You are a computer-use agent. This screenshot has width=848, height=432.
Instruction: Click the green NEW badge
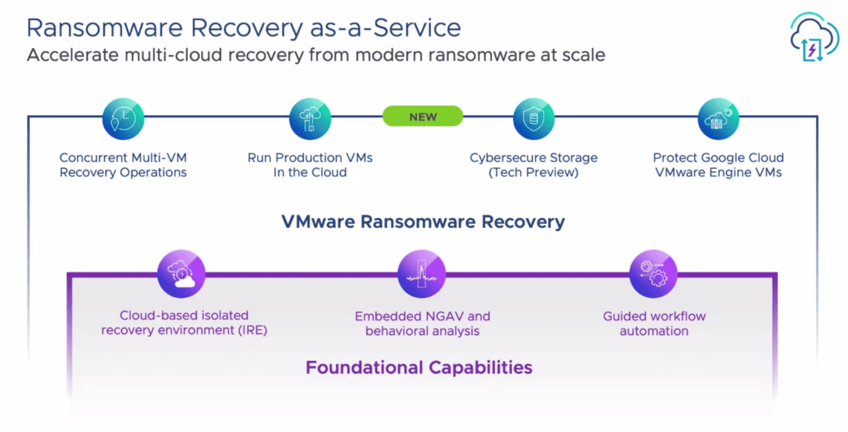[422, 116]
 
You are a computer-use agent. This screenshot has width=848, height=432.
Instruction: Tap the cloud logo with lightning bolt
[814, 37]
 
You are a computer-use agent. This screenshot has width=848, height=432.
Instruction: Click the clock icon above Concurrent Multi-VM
[123, 119]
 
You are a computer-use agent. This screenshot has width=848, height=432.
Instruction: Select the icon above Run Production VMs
[310, 119]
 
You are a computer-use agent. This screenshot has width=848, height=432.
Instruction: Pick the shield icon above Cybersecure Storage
[534, 119]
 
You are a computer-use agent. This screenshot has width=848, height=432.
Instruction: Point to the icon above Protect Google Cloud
[718, 119]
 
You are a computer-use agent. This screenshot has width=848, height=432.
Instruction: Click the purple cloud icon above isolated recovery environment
[181, 274]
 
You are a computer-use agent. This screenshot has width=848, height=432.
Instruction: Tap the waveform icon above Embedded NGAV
[422, 274]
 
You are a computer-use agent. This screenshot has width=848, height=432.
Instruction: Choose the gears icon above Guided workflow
[654, 274]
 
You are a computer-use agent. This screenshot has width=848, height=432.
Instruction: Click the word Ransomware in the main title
[105, 28]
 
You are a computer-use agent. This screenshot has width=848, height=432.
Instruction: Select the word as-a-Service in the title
[386, 28]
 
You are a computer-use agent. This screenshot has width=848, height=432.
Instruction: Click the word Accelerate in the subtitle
[73, 55]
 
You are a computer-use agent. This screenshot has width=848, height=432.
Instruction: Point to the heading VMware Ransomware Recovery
[423, 222]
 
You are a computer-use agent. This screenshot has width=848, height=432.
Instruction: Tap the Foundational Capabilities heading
[419, 368]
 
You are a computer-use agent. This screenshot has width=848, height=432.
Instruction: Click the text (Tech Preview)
[534, 172]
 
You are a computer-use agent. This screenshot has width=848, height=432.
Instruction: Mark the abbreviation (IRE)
[253, 331]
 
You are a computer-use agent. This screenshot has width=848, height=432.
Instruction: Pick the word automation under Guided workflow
[654, 331]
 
